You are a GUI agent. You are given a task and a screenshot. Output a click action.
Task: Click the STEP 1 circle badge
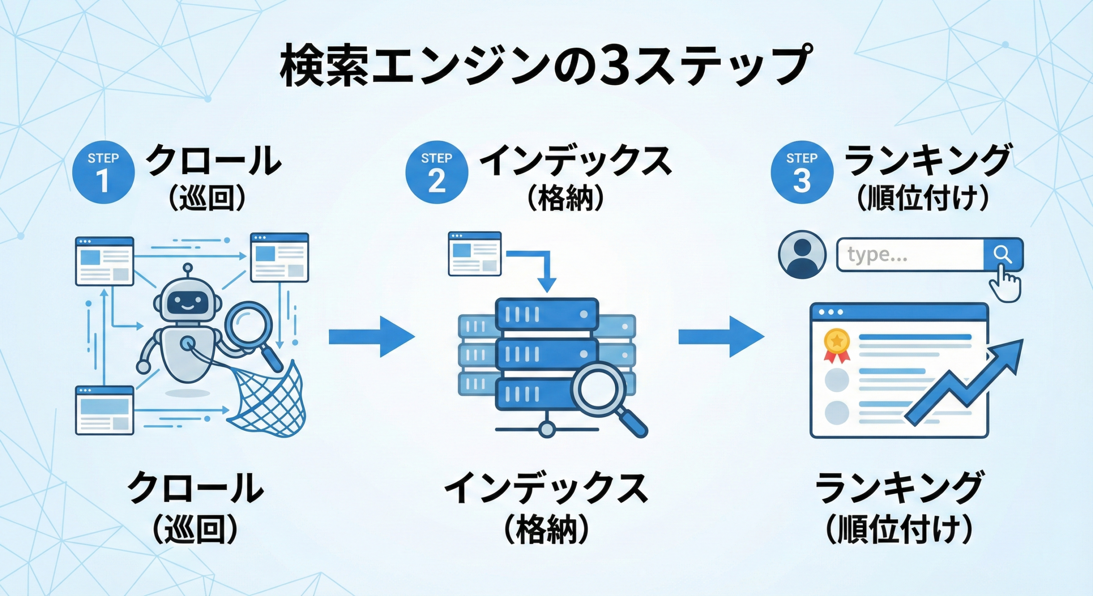pos(103,172)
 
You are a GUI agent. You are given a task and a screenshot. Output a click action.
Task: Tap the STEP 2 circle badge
pos(436,172)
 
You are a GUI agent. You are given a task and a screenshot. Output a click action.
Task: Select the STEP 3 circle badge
pos(802,172)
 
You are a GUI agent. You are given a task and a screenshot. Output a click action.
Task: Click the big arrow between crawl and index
pos(371,337)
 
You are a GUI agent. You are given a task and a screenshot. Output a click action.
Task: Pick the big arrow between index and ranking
pos(721,337)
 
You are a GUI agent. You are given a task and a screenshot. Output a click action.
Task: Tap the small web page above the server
pos(474,254)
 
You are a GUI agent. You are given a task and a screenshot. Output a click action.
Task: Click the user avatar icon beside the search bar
pos(802,255)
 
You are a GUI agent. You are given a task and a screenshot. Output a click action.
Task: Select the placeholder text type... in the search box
pos(877,255)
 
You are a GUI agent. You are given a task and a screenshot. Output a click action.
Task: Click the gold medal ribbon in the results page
pos(837,345)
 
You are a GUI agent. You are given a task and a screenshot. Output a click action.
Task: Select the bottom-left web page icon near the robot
pos(105,410)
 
